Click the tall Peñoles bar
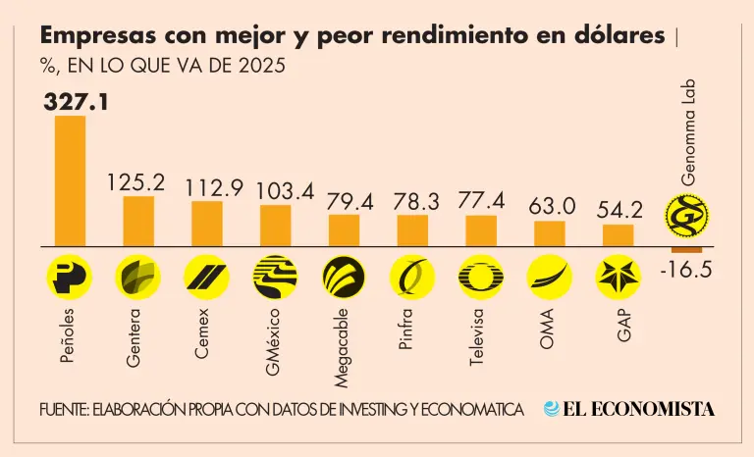tap(69, 180)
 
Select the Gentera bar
tap(137, 221)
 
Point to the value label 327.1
tap(76, 99)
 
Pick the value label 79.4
tap(344, 201)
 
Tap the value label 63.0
tap(550, 206)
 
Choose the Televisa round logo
tap(480, 276)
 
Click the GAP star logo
tap(618, 276)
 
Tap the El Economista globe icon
tap(552, 409)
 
